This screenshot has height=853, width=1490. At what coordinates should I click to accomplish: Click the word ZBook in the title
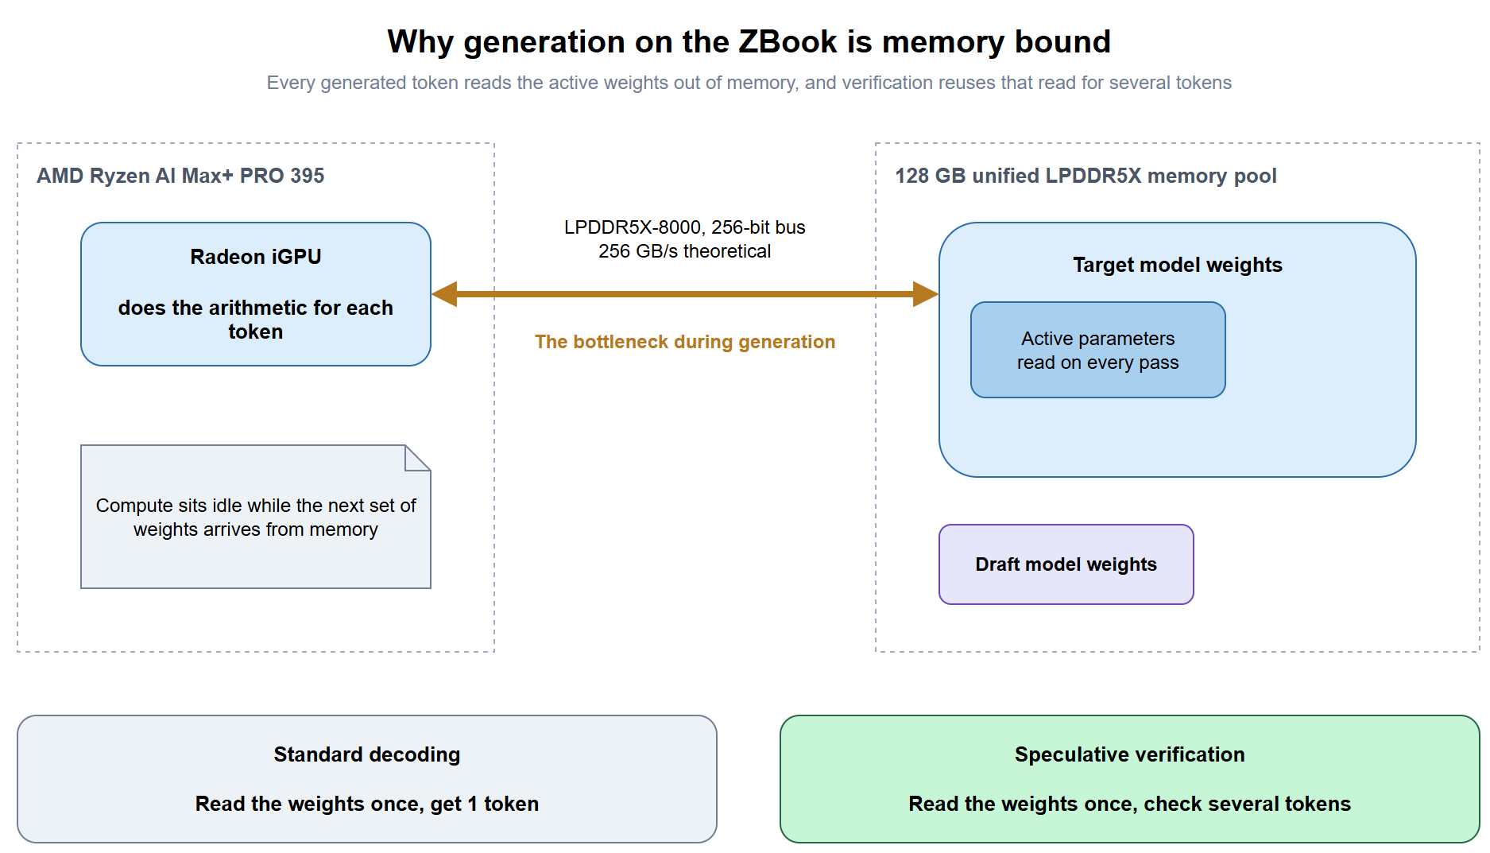(788, 41)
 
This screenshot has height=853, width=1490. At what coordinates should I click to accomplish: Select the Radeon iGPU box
(256, 294)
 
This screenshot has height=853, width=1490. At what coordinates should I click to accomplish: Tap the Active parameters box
(1098, 350)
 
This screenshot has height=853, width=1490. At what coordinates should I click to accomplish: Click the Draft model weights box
(1066, 564)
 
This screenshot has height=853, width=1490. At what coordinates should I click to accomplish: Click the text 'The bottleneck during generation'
(685, 342)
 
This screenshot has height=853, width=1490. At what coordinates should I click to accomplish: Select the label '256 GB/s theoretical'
(685, 251)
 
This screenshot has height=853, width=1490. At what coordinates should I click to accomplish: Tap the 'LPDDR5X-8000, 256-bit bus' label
(685, 227)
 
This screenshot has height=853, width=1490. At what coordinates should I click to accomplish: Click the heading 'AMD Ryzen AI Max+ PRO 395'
(180, 176)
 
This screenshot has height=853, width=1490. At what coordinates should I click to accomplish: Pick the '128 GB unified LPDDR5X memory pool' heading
(1086, 176)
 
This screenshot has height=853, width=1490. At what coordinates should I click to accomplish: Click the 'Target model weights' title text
(1178, 265)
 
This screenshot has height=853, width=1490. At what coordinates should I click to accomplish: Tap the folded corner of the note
(417, 458)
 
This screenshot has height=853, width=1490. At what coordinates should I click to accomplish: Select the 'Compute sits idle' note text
(256, 518)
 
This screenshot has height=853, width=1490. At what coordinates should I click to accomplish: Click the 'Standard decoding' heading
(367, 754)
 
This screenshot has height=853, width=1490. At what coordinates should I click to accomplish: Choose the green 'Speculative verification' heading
(1130, 754)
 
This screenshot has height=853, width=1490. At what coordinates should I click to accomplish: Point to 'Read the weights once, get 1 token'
(367, 804)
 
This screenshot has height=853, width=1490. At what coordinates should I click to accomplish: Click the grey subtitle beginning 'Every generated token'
(749, 83)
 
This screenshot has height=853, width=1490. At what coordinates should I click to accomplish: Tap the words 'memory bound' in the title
(997, 41)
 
